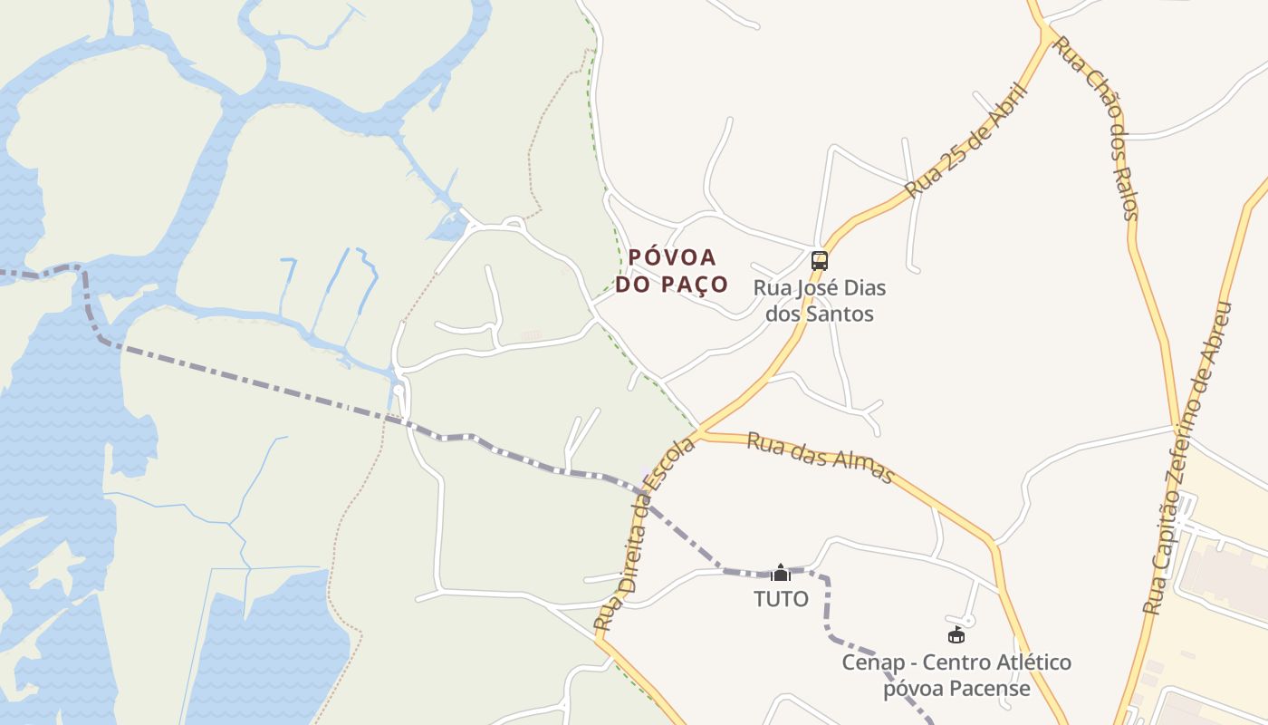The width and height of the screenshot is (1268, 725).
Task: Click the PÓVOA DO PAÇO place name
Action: [x=672, y=271]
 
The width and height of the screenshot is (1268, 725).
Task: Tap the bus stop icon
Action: [x=820, y=261]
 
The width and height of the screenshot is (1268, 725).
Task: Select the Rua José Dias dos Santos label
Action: [x=820, y=301]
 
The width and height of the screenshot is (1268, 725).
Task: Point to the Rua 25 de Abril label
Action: [x=967, y=141]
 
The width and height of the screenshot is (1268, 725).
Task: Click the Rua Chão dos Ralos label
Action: [x=1097, y=129]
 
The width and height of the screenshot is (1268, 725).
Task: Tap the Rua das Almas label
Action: [x=821, y=458]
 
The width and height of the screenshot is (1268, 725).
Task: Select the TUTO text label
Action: [x=781, y=599]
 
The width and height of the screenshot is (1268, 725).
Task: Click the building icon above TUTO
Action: [x=781, y=573]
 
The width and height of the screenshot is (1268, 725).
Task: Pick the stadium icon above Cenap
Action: [x=956, y=635]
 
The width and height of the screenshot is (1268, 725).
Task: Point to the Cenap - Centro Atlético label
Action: [x=956, y=662]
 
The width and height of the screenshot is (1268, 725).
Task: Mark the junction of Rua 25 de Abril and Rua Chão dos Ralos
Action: [x=1049, y=33]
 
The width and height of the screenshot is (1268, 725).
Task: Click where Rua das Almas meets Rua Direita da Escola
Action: [x=700, y=432]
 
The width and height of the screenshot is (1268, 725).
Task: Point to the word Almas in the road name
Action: [x=864, y=468]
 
